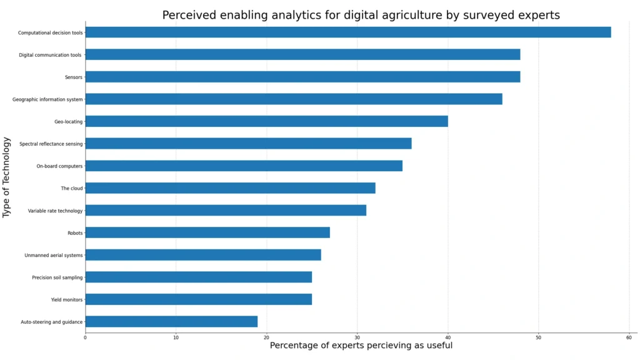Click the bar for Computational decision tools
click(347, 32)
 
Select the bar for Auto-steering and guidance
click(171, 322)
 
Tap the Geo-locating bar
click(266, 121)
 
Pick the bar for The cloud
click(230, 188)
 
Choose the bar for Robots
click(207, 232)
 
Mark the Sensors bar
click(302, 77)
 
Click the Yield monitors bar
click(198, 299)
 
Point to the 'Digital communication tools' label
click(50, 55)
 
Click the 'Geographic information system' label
click(47, 99)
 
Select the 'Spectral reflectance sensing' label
click(51, 144)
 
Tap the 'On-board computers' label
click(59, 166)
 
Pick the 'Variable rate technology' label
click(55, 211)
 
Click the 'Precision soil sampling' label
click(57, 277)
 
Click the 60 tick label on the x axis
click(629, 337)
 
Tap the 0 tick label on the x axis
click(85, 337)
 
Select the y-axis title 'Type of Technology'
click(7, 177)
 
